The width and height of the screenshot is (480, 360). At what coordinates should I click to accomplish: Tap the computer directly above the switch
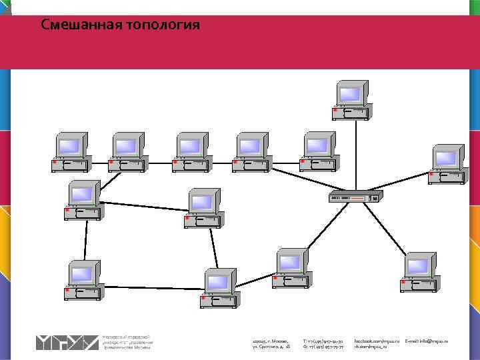click(351, 101)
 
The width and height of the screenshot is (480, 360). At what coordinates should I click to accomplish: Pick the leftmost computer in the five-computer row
click(71, 153)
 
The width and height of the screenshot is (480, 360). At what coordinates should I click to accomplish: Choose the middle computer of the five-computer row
click(192, 153)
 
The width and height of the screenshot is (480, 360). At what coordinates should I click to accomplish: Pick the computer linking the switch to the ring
click(291, 269)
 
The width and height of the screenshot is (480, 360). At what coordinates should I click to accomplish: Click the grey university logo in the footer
click(67, 342)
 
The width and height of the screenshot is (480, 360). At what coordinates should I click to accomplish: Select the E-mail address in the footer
click(427, 341)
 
